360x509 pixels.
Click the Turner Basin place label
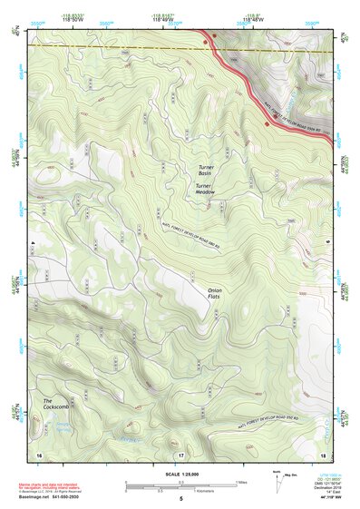[210, 170]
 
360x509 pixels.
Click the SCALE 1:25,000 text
[180, 474]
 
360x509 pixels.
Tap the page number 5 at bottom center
[180, 499]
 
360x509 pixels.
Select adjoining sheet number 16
[39, 454]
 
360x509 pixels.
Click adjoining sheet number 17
[180, 454]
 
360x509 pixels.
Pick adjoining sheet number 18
[323, 454]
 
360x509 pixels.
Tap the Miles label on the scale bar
[241, 481]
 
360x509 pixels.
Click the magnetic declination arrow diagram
[277, 479]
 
